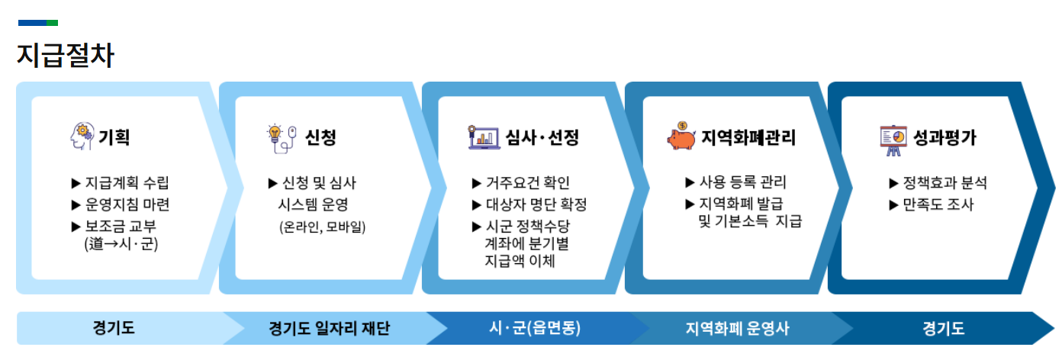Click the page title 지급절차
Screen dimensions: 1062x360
[66, 56]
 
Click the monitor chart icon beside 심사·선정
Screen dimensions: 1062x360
[482, 137]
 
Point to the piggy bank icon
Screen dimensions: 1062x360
[680, 137]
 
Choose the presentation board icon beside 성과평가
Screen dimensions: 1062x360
[892, 138]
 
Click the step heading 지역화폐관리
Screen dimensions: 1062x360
[748, 138]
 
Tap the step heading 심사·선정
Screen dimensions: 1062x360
[542, 138]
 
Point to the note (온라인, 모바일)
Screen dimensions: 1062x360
[322, 227]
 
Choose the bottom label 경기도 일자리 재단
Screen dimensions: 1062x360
[330, 329]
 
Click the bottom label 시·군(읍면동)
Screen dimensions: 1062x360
[535, 329]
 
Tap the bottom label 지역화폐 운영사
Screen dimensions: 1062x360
[736, 329]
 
